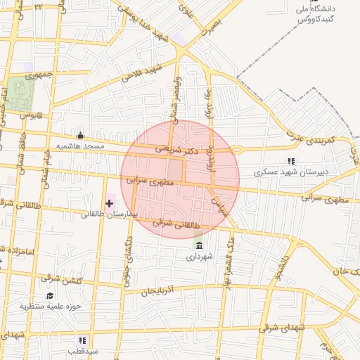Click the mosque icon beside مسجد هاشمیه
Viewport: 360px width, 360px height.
81,136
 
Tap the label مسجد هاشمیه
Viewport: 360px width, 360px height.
81,146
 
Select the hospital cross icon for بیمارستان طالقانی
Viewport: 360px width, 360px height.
109,204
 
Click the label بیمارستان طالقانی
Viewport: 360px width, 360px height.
108,214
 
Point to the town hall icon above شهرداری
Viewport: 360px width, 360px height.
200,246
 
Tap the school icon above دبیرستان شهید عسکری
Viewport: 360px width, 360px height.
291,161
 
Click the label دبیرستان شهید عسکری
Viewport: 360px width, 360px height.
292,171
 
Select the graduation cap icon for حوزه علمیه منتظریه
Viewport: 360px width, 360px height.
50,296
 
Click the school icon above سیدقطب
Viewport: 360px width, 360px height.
83,340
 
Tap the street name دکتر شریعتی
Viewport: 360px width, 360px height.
186,150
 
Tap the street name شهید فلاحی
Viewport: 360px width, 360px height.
141,72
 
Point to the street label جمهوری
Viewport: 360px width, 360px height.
39,75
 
